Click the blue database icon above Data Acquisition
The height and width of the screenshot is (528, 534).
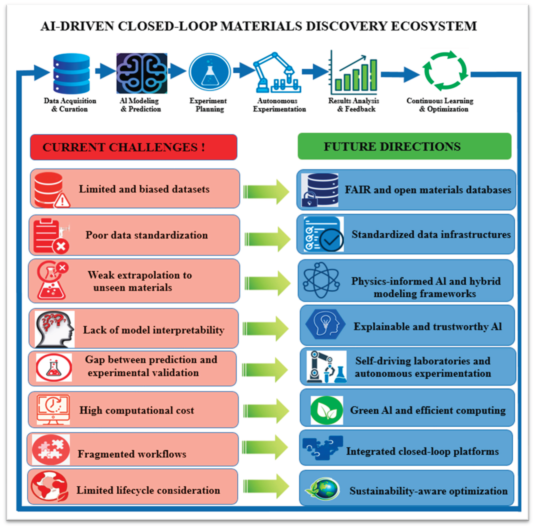72,73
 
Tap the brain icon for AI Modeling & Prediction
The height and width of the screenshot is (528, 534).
142,73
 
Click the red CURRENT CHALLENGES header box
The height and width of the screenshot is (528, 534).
134,147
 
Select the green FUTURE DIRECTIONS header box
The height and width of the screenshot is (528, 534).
404,146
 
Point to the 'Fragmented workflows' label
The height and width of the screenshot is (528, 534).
132,454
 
